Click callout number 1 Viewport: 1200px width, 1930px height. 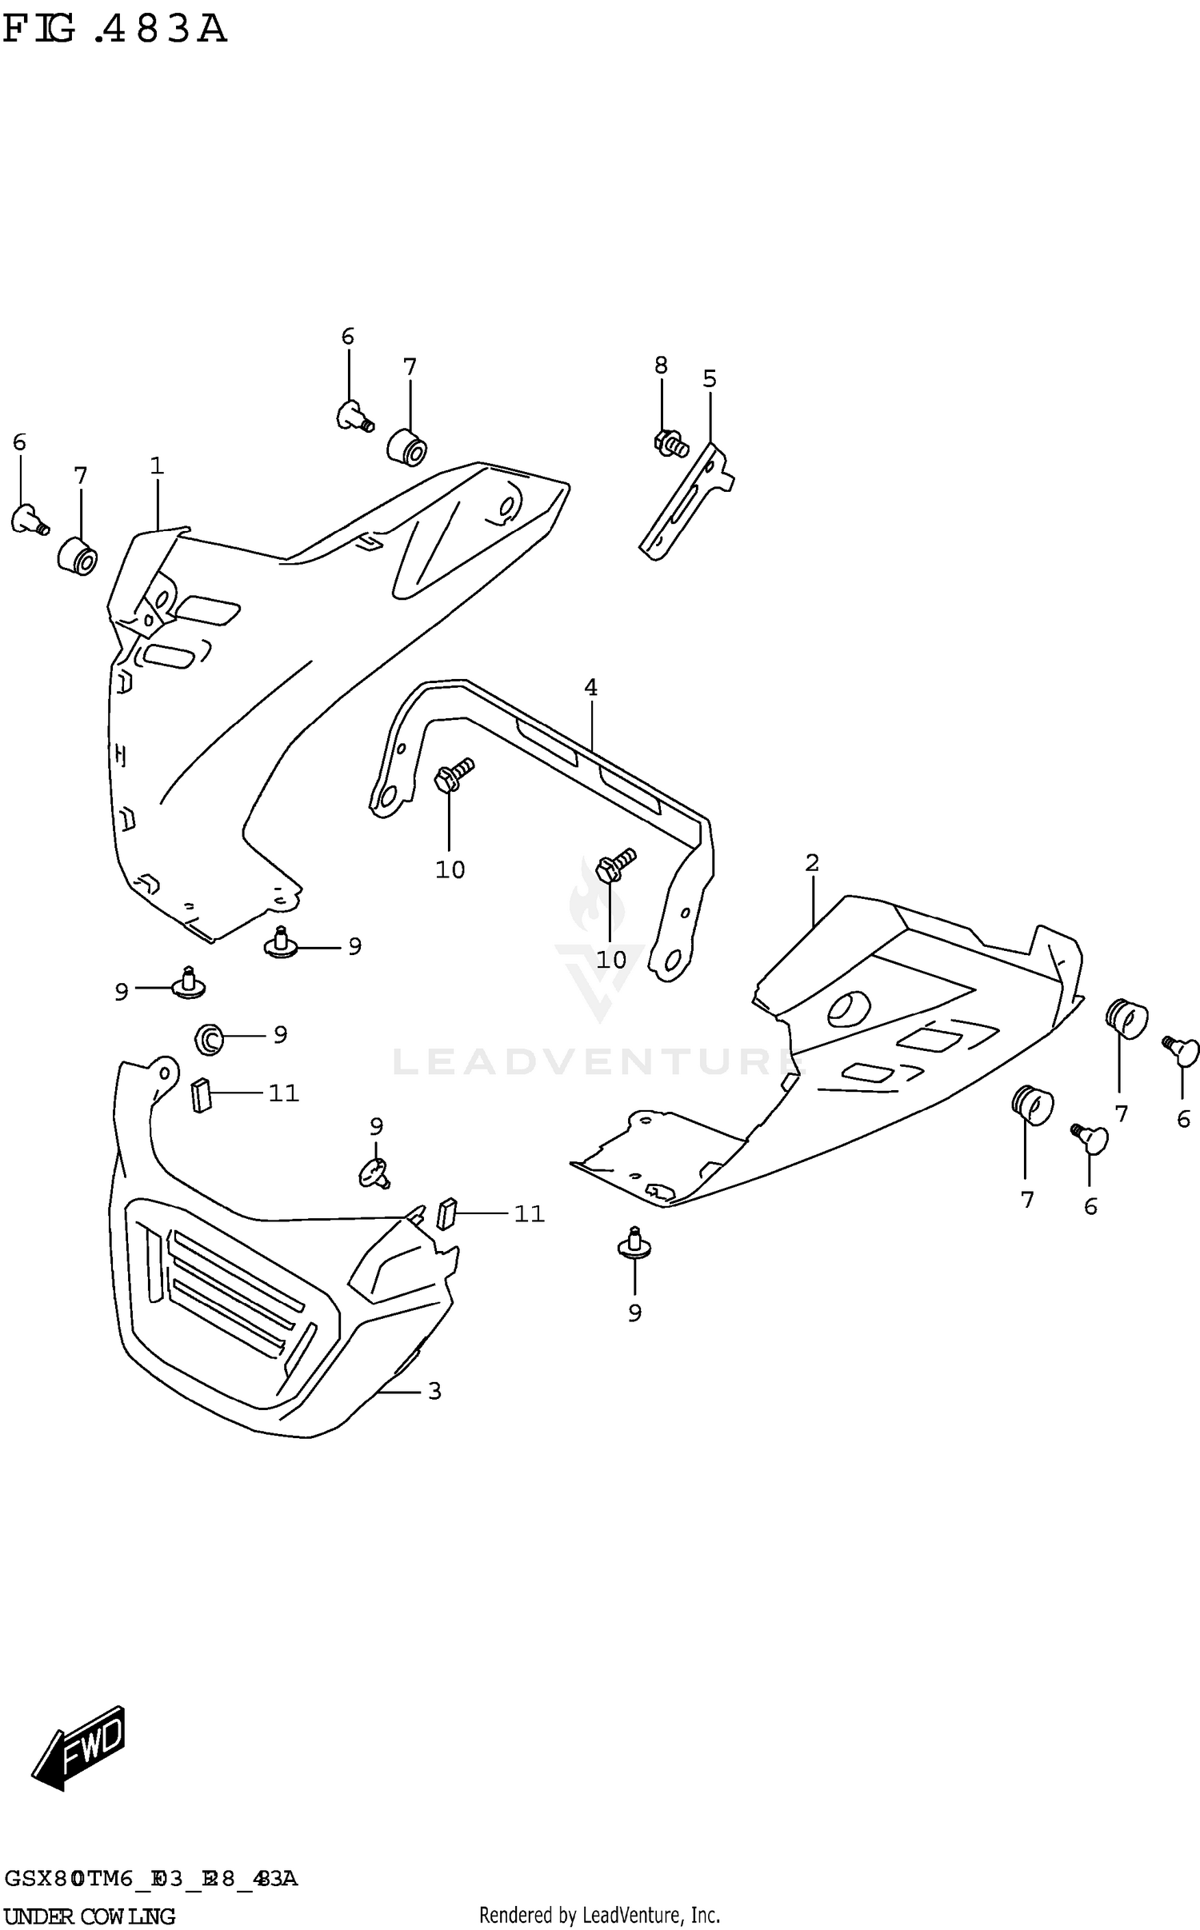[x=157, y=466]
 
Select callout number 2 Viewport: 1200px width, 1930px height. [x=812, y=863]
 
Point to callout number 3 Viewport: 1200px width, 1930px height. [x=434, y=1391]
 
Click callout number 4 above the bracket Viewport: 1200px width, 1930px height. [x=590, y=687]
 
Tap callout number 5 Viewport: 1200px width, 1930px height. [x=710, y=378]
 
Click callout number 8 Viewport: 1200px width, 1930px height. [x=661, y=366]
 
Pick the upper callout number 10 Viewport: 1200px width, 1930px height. [x=450, y=869]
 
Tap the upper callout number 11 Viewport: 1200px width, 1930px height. [x=283, y=1093]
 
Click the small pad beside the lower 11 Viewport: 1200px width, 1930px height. [x=447, y=1213]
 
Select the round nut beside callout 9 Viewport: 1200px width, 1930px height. [x=208, y=1038]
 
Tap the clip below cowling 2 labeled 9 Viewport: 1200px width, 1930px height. [x=634, y=1246]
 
